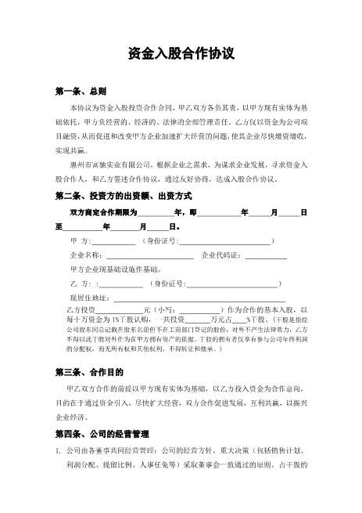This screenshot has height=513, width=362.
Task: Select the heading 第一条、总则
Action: [x=80, y=92]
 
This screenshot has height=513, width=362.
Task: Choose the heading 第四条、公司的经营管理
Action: [x=102, y=433]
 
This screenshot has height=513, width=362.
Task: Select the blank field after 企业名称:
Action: [x=149, y=256]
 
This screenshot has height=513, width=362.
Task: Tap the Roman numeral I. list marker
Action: [x=58, y=451]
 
